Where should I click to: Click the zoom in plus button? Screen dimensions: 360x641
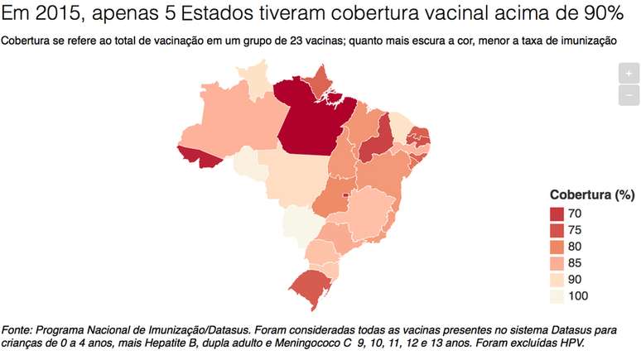coord(629,73)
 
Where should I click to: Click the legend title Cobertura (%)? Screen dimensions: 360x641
coord(591,194)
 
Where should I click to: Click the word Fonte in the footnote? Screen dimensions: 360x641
coord(21,328)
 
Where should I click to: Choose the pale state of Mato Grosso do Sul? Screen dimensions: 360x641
coord(298,223)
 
